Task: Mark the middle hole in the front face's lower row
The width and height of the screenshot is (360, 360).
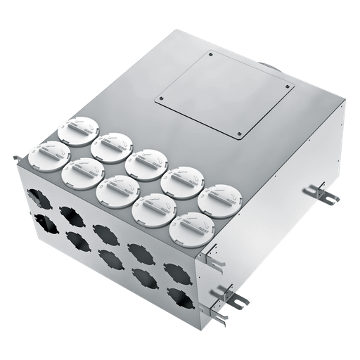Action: pos(110,259)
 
